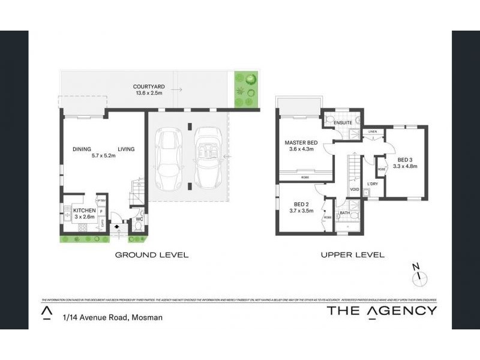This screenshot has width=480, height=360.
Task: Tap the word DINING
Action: (81, 149)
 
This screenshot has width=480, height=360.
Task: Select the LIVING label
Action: (125, 149)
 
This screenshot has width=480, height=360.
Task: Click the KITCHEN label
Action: (85, 211)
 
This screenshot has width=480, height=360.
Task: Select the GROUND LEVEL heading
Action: (152, 255)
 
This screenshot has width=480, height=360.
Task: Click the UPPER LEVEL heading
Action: (352, 255)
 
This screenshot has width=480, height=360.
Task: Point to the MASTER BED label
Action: (301, 142)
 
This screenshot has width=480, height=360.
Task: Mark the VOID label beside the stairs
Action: (354, 190)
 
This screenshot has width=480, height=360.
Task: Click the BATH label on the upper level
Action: (344, 212)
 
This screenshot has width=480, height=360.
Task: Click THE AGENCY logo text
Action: (382, 310)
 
